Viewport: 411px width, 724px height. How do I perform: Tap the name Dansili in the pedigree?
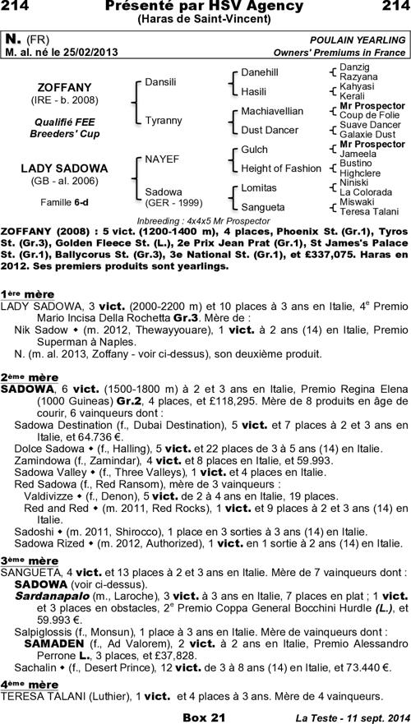pos(160,82)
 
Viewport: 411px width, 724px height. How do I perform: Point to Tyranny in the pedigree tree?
pos(163,120)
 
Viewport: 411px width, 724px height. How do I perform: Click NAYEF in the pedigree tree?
pos(161,158)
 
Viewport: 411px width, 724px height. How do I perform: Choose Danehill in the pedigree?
pos(259,72)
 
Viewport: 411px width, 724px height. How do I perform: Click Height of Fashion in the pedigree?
pos(280,168)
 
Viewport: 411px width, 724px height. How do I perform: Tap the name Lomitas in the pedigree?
pos(258,187)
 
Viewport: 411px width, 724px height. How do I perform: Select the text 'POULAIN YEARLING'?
pos(358,39)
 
